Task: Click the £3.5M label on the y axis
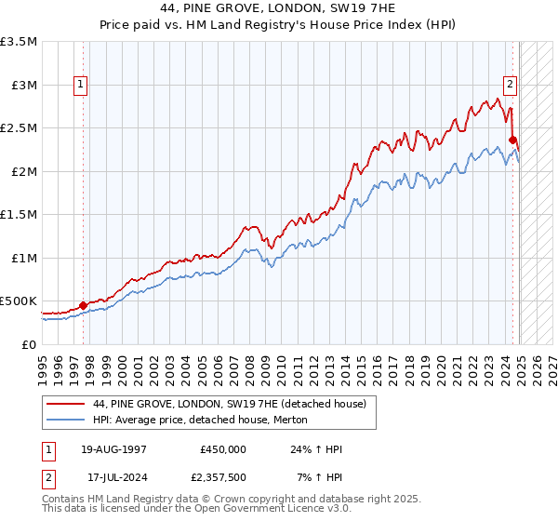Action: pos(19,42)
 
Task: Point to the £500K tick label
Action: pos(19,301)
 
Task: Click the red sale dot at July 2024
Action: pos(512,140)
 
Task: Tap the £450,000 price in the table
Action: pos(223,449)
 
